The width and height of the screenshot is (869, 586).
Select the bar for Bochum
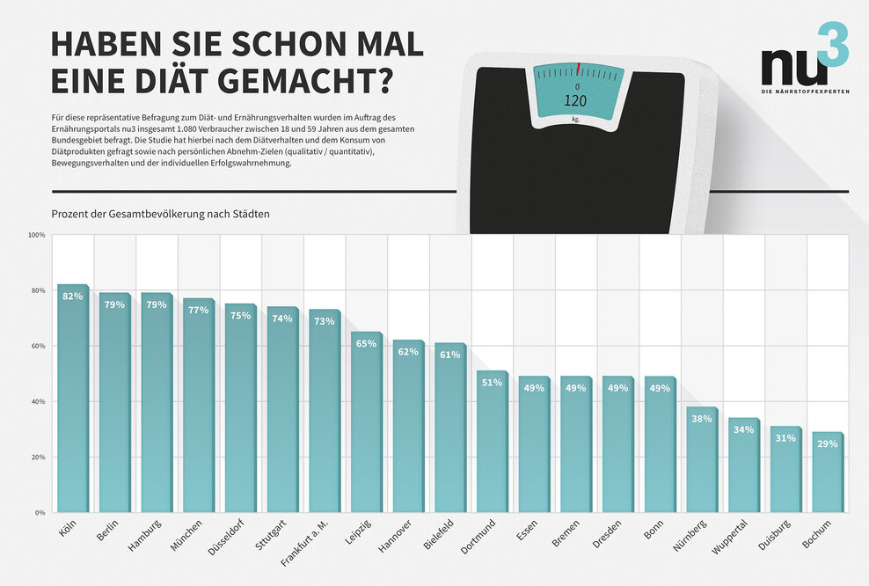(x=828, y=475)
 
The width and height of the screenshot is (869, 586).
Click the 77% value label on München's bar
(x=199, y=310)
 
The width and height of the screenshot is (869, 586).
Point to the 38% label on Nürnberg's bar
(x=702, y=419)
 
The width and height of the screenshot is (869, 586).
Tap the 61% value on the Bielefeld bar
(x=450, y=355)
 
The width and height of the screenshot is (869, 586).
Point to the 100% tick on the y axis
(x=36, y=235)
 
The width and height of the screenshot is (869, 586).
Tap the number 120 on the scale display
(x=576, y=100)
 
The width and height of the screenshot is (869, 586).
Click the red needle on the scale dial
(x=578, y=69)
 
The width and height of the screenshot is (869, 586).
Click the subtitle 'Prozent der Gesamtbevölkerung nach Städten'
(x=160, y=214)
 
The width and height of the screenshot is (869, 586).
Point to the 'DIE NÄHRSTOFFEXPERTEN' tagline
(x=805, y=92)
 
